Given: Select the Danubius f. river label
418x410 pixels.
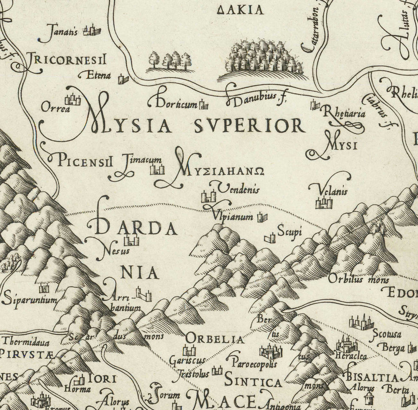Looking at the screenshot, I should coord(255,98).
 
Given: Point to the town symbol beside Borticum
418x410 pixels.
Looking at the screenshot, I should coord(203,105).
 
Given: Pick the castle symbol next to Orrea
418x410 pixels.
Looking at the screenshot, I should coord(73,99).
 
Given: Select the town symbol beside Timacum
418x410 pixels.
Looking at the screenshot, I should coord(157,169).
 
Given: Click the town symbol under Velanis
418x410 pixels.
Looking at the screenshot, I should coord(324,203).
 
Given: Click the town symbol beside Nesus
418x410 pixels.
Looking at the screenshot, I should coord(131,240).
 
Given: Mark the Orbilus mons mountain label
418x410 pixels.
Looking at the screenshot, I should coord(352,279).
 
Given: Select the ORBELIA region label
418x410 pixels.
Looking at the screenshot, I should coord(215,339).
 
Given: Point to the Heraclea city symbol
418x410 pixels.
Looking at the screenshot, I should coord(347,345).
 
